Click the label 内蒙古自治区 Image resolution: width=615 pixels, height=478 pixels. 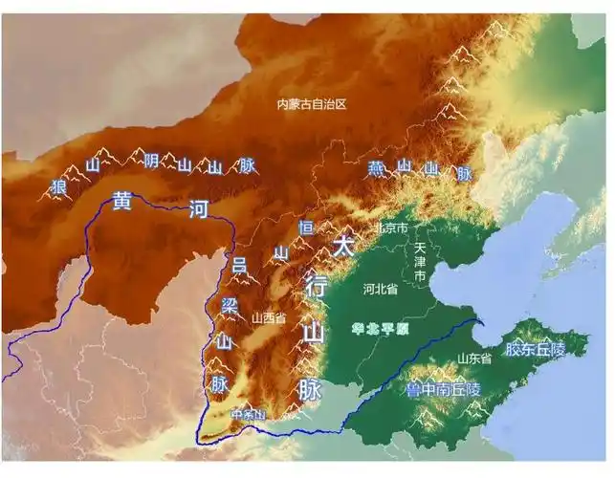tap(310, 104)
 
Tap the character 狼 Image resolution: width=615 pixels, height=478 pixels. tap(58, 186)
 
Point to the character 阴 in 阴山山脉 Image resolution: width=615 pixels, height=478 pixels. tap(151, 161)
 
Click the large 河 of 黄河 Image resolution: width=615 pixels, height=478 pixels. tap(198, 208)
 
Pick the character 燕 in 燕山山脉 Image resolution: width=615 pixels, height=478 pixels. tap(377, 169)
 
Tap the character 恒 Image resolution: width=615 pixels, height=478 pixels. tap(306, 228)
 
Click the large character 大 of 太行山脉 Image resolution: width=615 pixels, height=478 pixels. tap(343, 246)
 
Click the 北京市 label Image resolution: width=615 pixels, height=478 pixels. tap(392, 229)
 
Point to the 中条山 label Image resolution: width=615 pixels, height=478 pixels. tap(247, 415)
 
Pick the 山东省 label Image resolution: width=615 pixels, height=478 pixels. tap(474, 358)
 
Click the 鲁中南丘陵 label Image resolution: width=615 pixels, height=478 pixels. tap(442, 390)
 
